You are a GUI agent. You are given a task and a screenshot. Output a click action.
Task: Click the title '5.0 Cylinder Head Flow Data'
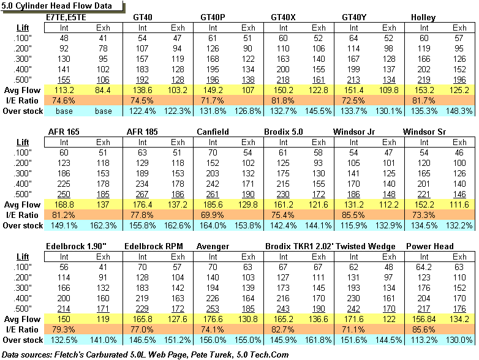[x=60, y=6]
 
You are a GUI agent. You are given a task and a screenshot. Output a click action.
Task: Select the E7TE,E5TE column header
[x=66, y=17]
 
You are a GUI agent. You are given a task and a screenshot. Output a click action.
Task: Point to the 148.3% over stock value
[x=459, y=111]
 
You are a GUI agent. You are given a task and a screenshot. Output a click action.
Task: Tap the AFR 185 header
[x=143, y=132]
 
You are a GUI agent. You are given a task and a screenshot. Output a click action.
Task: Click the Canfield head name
[x=213, y=132]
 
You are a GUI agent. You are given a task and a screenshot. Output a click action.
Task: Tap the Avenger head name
[x=213, y=247]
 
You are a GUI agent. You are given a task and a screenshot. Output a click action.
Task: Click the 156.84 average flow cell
[x=424, y=319]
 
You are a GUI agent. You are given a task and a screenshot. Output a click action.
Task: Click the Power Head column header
[x=429, y=247]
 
